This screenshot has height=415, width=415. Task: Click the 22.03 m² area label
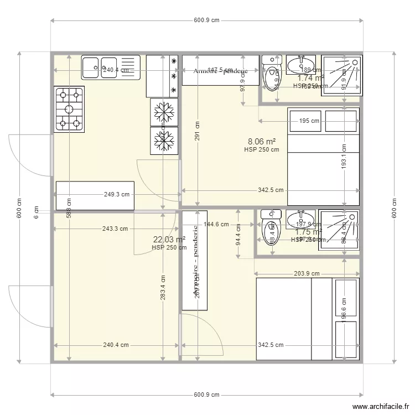tap(169, 239)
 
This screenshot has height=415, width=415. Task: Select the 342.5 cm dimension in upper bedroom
tap(271, 190)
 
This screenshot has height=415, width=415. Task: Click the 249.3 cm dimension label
tap(117, 194)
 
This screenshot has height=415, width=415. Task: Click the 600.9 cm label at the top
tap(207, 20)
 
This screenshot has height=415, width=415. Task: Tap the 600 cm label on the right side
tap(394, 207)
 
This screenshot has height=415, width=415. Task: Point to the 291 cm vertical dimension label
tap(198, 132)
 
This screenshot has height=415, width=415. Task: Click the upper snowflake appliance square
tap(163, 113)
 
